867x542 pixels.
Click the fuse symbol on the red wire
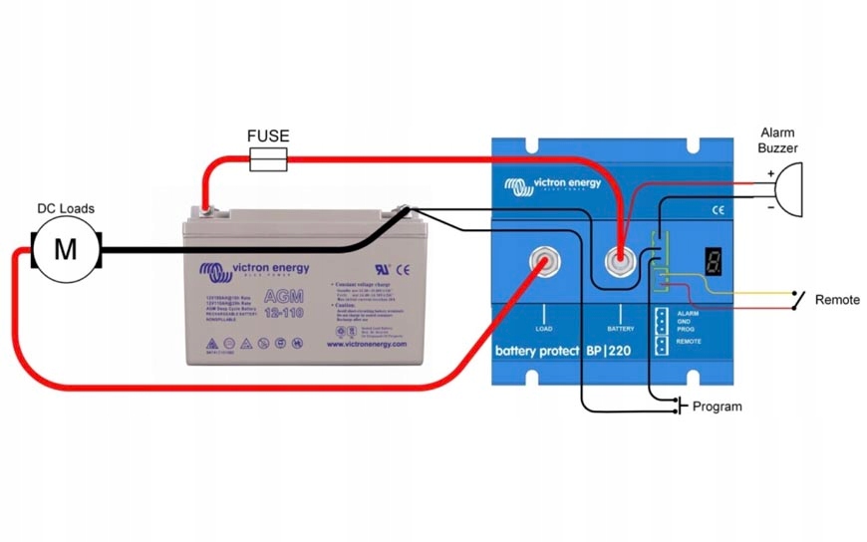click(x=268, y=156)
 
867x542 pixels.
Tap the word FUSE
click(x=268, y=135)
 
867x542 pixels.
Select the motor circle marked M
click(x=65, y=248)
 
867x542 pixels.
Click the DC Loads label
click(x=66, y=208)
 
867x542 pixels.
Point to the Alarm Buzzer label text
click(x=778, y=139)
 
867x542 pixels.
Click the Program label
click(x=717, y=406)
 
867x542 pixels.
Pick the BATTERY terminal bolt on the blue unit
click(x=620, y=263)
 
